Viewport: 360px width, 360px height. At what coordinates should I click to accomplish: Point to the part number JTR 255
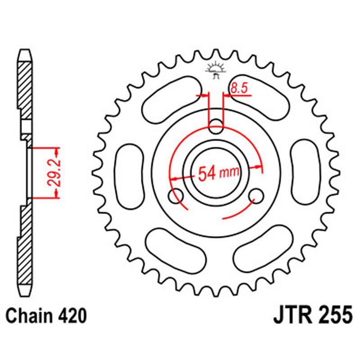pos(313,315)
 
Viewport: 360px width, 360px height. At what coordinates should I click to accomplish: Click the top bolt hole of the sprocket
pos(216,125)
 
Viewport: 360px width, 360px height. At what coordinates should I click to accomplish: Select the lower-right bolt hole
pos(257,195)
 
